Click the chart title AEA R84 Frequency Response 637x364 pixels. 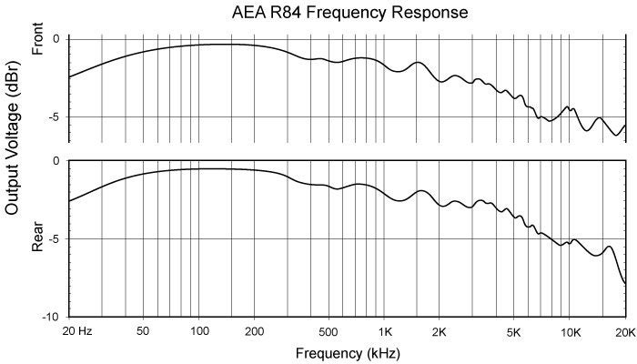pos(350,13)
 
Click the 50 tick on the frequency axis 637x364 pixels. pos(143,330)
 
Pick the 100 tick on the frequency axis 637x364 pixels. pos(198,330)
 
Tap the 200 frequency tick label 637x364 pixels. pos(254,330)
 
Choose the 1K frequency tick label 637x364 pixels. pos(385,330)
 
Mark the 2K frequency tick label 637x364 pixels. pos(440,330)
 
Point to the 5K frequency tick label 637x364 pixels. pos(515,330)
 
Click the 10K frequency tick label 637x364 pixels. pos(571,330)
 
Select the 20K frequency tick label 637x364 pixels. pos(624,330)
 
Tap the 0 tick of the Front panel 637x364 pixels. pos(56,39)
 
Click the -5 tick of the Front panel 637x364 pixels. pos(55,117)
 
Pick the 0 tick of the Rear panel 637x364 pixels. pos(56,161)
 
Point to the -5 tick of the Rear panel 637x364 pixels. pos(55,238)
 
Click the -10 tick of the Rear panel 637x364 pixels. pos(53,317)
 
